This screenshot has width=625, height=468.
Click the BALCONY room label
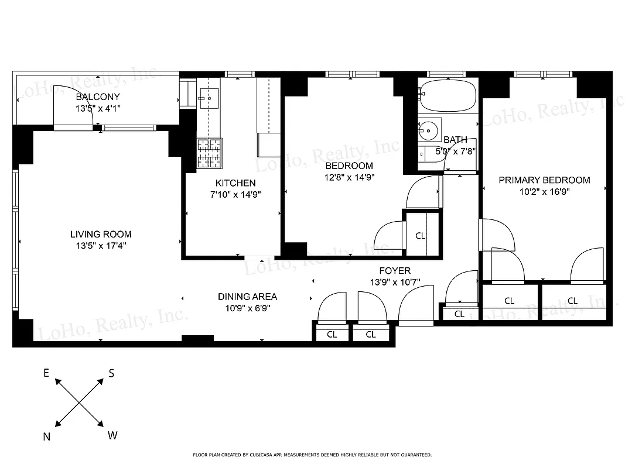97,97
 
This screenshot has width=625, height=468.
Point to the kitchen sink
209,98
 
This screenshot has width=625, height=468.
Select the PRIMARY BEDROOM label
544,180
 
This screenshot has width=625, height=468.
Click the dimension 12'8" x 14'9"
350,177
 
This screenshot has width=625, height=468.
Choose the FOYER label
394,271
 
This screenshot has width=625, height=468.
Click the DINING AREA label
247,297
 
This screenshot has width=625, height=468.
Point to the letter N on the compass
47,437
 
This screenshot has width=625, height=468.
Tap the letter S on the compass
111,374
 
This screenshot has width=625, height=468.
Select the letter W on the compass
112,436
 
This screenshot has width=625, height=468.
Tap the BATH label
455,140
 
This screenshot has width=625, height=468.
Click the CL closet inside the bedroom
420,236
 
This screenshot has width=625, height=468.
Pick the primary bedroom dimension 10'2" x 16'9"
544,191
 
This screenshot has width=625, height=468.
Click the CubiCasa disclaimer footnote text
312,455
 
